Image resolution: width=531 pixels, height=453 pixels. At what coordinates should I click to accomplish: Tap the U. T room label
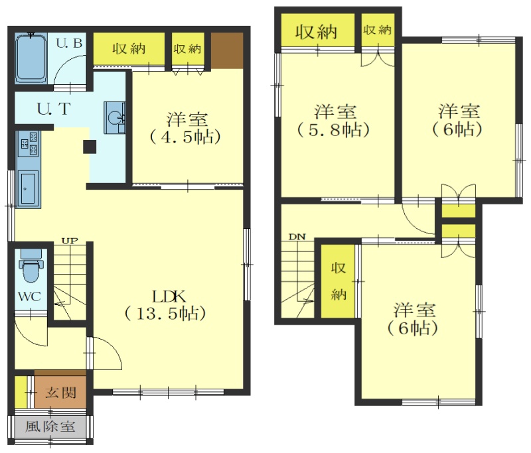pos(54,109)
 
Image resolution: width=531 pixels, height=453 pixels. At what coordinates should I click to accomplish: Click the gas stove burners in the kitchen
pos(29,144)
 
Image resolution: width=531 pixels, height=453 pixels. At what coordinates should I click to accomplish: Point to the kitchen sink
pos(29,188)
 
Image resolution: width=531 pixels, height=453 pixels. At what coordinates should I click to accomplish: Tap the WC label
pos(29,296)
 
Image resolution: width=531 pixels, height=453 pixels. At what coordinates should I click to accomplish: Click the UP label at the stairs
pos(70,241)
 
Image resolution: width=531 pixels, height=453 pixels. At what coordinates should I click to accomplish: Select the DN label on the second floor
pos(297,237)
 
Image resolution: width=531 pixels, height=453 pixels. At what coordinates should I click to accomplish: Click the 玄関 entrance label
pos(60,393)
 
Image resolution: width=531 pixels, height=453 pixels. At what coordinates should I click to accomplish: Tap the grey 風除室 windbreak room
pos(50,426)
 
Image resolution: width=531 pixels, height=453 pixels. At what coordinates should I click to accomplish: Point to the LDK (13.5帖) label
pos(166,305)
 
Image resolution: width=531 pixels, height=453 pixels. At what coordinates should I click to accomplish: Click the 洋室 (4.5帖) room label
pos(186,128)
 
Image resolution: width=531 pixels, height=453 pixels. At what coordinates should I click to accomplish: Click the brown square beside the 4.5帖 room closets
pos(227,50)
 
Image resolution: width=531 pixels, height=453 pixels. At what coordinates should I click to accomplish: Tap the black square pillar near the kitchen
pos(90,147)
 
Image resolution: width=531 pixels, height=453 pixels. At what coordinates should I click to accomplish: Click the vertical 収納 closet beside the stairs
pos(338,281)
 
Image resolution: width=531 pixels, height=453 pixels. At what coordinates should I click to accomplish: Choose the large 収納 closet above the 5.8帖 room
pos(318,31)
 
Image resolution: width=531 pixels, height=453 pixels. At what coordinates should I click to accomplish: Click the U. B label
pos(69,43)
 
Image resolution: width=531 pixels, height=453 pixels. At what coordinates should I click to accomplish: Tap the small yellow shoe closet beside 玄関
pos(21,391)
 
